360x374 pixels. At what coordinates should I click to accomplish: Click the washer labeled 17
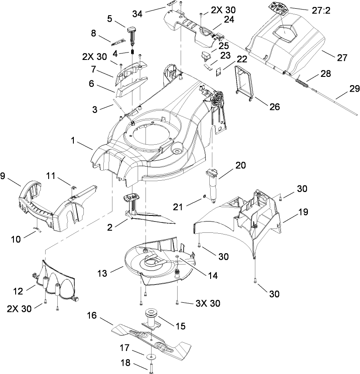pos(152,357)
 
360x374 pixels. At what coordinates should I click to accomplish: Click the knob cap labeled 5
pos(132,30)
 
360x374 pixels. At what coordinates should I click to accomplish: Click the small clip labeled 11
pos(74,187)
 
